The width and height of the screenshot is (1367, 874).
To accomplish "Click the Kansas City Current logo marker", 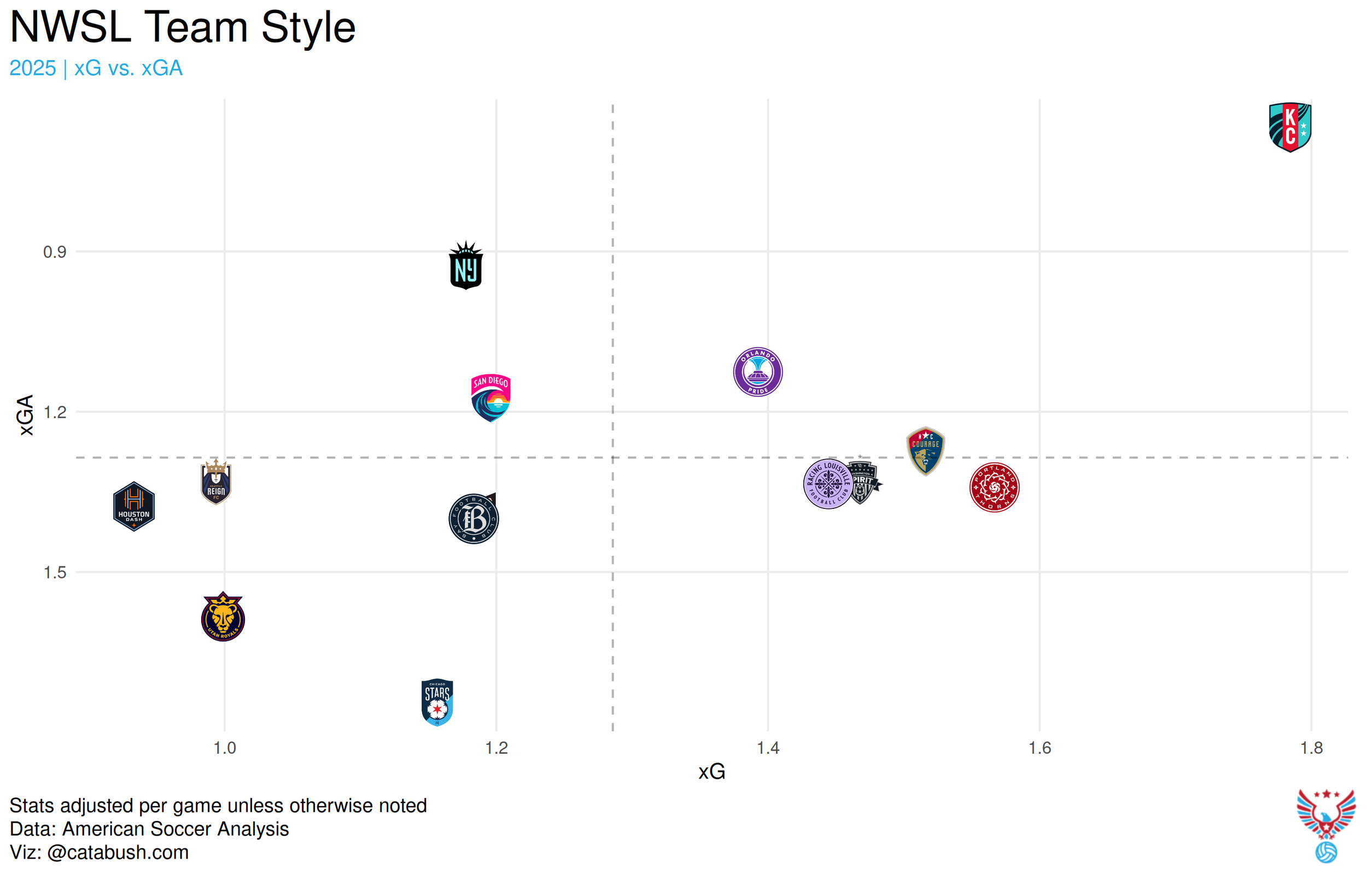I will point(1290,127).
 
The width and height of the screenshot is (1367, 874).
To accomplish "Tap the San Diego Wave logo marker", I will point(490,397).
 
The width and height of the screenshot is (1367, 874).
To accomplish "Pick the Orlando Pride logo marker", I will point(758,372).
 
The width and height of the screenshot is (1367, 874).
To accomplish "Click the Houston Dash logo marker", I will point(134,506).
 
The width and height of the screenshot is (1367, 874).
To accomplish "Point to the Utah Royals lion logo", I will point(223,618).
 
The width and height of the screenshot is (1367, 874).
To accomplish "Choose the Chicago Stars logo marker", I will point(437,702).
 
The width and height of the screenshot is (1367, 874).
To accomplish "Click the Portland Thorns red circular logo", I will point(994,487).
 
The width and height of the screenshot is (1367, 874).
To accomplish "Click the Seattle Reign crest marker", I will point(216,483).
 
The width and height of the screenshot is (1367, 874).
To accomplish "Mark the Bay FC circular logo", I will point(474,519).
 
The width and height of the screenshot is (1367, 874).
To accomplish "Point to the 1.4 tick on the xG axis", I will point(768,748).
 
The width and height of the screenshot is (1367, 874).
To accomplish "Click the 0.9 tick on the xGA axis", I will point(55,252).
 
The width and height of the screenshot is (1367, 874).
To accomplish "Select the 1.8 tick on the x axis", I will point(1311,748).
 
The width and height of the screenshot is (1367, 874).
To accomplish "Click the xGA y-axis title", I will point(26,415).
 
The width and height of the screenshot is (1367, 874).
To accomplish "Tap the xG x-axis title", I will point(711,772).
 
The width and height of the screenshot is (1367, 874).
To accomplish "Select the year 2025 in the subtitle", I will point(33,68).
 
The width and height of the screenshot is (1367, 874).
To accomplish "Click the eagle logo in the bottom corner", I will point(1325,814).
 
